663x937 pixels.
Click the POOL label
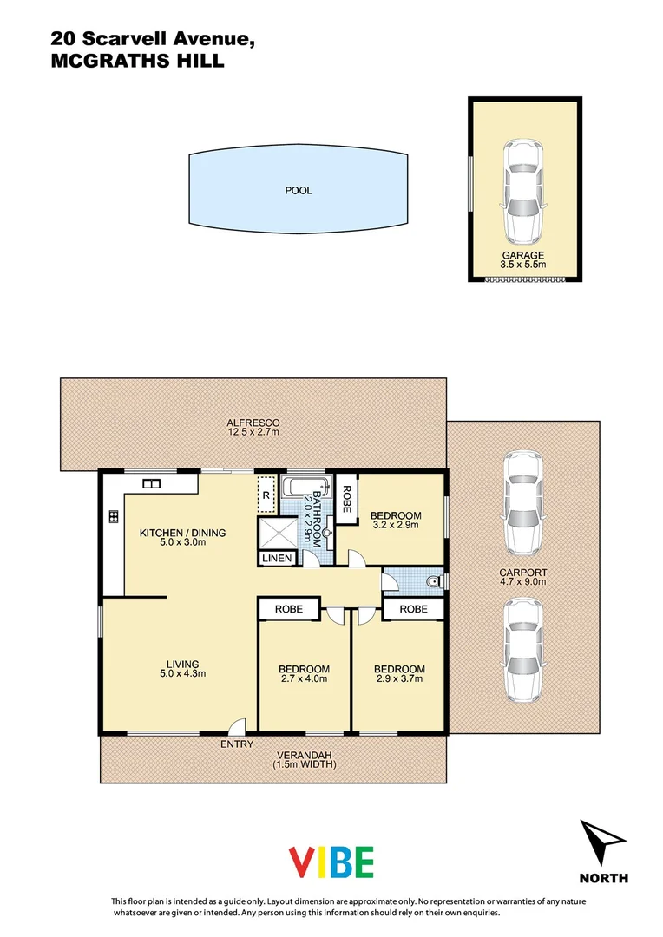click(299, 190)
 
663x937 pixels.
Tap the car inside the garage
click(523, 192)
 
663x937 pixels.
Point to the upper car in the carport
click(522, 502)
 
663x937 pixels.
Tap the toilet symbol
click(433, 580)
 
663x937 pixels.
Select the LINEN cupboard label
click(278, 559)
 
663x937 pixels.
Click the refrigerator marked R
click(266, 495)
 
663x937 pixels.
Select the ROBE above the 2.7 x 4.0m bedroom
click(289, 609)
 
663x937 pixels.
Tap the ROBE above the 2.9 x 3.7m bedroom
click(414, 609)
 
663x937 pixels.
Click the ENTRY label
click(237, 744)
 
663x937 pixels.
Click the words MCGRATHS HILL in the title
click(137, 62)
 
